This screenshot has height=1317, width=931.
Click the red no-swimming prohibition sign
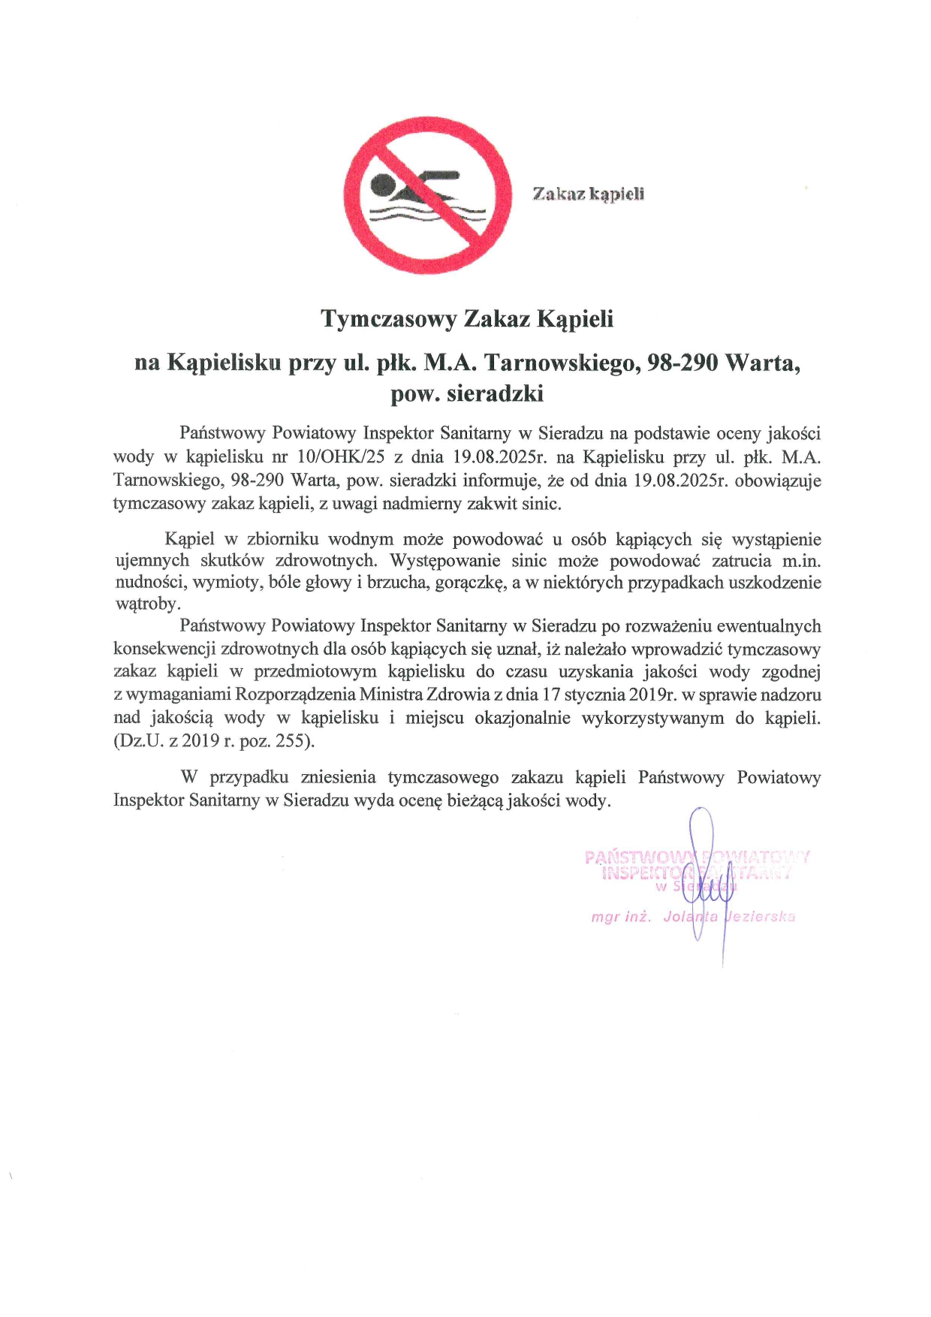pos(427,195)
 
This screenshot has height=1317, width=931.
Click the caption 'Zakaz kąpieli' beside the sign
pos(588,194)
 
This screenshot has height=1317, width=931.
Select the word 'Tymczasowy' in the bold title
pos(388,318)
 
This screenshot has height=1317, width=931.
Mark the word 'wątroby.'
pos(148,604)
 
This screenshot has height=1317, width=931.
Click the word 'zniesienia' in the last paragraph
pos(338,777)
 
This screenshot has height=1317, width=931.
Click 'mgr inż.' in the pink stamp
pos(621,917)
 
